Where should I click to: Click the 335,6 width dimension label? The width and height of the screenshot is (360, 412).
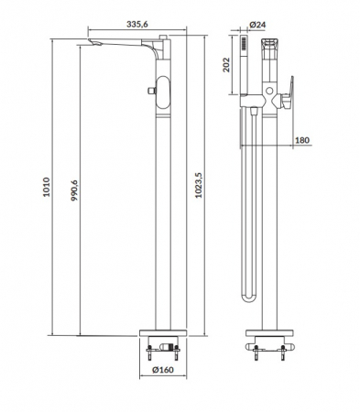(137, 24)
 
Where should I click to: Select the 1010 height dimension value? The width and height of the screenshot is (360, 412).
(46, 187)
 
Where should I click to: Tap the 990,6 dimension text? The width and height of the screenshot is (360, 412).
(74, 190)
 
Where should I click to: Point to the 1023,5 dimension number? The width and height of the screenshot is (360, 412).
(199, 185)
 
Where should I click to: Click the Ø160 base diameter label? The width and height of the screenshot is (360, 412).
(163, 370)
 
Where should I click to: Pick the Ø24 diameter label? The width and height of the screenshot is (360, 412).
(257, 25)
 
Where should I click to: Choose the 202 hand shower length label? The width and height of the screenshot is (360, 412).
(226, 65)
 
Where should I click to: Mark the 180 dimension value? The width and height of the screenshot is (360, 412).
(302, 140)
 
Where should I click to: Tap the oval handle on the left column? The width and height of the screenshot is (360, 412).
(163, 92)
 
